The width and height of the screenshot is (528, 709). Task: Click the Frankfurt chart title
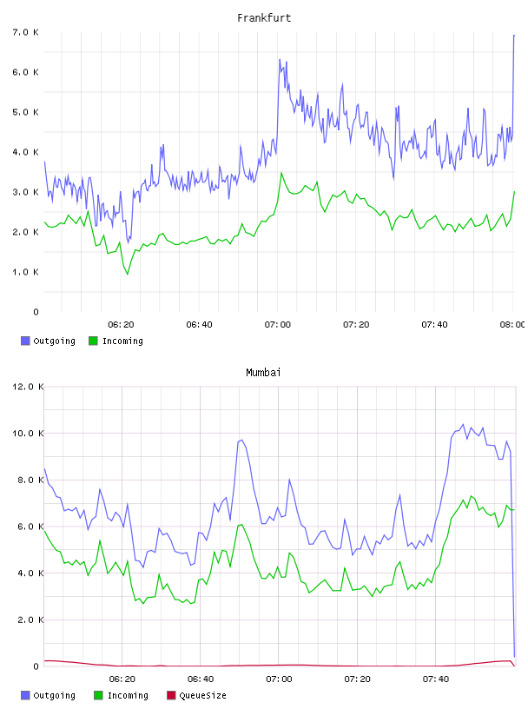[x=264, y=18]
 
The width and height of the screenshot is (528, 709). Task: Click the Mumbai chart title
[x=263, y=373]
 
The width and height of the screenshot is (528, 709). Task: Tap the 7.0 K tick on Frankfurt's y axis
[x=25, y=32]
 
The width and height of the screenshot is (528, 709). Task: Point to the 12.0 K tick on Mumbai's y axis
[x=28, y=387]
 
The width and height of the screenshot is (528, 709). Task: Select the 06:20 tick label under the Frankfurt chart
[x=122, y=324]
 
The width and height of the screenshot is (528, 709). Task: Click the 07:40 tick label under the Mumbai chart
[x=435, y=679]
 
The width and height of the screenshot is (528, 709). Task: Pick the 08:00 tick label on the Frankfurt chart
[x=512, y=324]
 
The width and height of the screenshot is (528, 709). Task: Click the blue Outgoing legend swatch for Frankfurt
[x=25, y=341]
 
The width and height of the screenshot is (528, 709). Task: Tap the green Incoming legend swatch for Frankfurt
[x=93, y=341]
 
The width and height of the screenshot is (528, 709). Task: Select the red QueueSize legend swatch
[x=171, y=695]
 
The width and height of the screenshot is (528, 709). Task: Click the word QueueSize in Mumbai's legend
[x=202, y=695]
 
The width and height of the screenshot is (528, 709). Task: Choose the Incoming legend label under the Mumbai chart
[x=128, y=695]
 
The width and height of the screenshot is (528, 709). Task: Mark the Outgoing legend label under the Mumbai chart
[x=54, y=695]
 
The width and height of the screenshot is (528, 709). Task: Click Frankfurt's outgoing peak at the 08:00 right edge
[x=514, y=35]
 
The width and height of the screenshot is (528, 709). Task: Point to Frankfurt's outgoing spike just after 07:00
[x=280, y=60]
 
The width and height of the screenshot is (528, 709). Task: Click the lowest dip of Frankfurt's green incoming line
[x=128, y=274]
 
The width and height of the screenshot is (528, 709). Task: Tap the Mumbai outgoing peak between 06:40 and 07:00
[x=241, y=440]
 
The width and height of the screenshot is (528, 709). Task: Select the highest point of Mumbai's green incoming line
[x=471, y=496]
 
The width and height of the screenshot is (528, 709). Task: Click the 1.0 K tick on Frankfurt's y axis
[x=25, y=272]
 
